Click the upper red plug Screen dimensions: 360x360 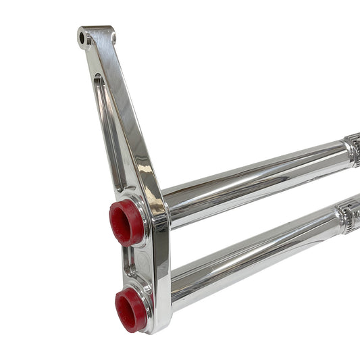[x=126, y=222]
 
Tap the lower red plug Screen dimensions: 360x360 [x=130, y=309]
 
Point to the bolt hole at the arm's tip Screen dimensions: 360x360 [x=84, y=38]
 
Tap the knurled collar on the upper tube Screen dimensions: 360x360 [x=352, y=150]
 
